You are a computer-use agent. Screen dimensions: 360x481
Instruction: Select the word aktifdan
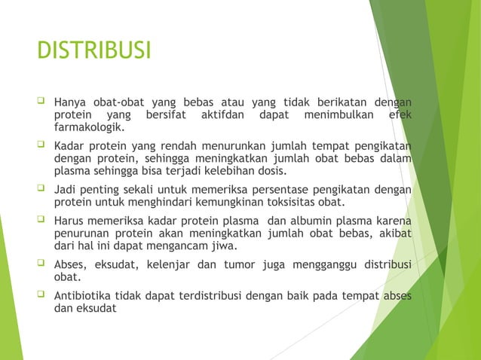coord(223,116)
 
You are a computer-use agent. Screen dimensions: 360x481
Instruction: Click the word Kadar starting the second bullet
coord(69,145)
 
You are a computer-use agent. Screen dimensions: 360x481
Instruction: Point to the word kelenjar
coord(165,264)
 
